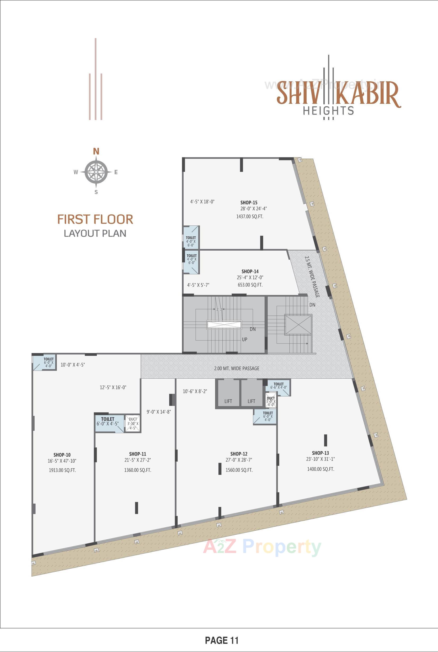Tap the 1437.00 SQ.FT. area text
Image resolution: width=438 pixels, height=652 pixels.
[x=250, y=216]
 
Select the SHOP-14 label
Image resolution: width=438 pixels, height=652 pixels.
[x=250, y=271]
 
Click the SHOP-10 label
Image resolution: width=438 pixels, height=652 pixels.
[x=62, y=455]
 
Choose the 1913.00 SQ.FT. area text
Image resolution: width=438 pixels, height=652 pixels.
[x=62, y=470]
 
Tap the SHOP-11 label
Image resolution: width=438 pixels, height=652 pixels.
[x=137, y=454]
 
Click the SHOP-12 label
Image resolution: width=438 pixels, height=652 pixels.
[x=239, y=454]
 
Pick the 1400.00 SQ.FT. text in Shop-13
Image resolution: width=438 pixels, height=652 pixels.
[x=321, y=469]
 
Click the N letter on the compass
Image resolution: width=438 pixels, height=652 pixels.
[x=96, y=152]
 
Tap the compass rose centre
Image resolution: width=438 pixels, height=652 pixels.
[x=96, y=172]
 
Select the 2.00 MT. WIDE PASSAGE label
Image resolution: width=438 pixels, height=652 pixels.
[x=237, y=368]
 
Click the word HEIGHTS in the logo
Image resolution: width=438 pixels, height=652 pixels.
[x=329, y=111]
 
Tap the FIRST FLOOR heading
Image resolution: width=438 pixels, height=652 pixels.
[x=95, y=220]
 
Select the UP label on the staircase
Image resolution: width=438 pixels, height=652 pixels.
[x=244, y=340]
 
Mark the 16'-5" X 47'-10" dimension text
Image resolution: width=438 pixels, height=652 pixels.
[x=62, y=461]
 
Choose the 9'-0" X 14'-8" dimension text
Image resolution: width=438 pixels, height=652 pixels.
[x=159, y=412]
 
